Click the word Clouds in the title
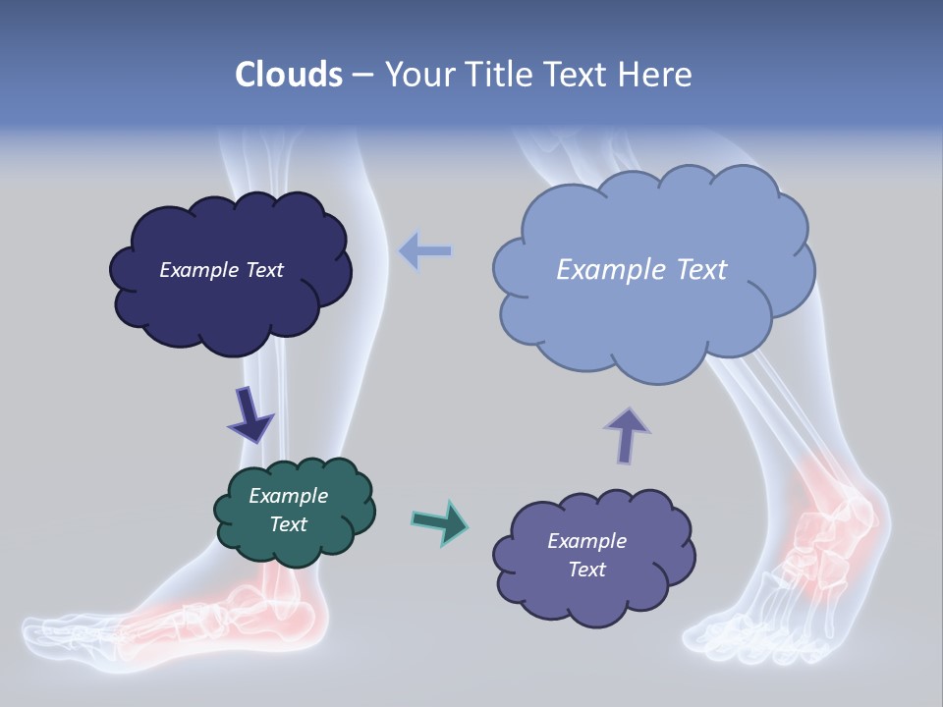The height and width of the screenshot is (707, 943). (x=289, y=75)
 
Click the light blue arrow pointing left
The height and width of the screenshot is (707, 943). (x=424, y=251)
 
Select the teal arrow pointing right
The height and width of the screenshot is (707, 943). (x=440, y=521)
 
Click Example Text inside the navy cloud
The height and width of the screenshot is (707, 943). (x=221, y=270)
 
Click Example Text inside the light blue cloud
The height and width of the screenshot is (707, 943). (x=641, y=270)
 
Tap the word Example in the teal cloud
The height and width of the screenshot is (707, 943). (x=288, y=496)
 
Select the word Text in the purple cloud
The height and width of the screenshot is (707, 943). (x=586, y=570)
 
